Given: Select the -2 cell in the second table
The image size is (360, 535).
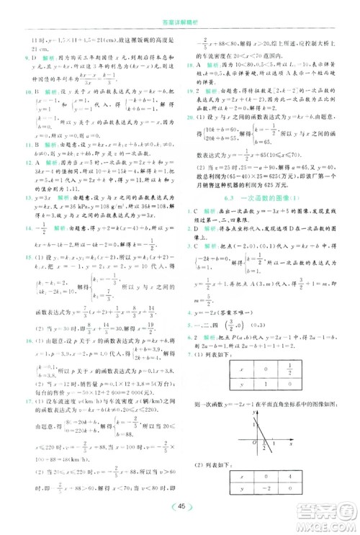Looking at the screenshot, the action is point(265,491).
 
